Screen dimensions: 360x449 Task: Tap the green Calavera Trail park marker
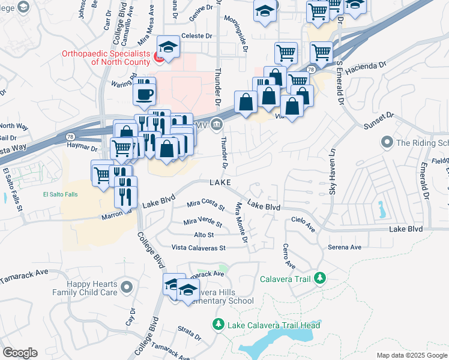pyautogui.click(x=320, y=278)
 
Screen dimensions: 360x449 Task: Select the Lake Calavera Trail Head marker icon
pyautogui.click(x=218, y=325)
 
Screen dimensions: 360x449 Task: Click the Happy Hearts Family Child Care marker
pyautogui.click(x=126, y=287)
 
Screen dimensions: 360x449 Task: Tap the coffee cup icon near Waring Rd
pyautogui.click(x=145, y=94)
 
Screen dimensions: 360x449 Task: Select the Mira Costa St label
pyautogui.click(x=205, y=206)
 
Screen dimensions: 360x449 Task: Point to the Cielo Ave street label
pyautogui.click(x=304, y=224)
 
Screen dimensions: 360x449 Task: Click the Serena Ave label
pyautogui.click(x=344, y=247)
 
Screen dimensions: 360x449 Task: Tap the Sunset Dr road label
pyautogui.click(x=378, y=120)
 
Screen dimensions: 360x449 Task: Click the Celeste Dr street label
pyautogui.click(x=197, y=36)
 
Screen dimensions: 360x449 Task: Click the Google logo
pyautogui.click(x=20, y=353)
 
